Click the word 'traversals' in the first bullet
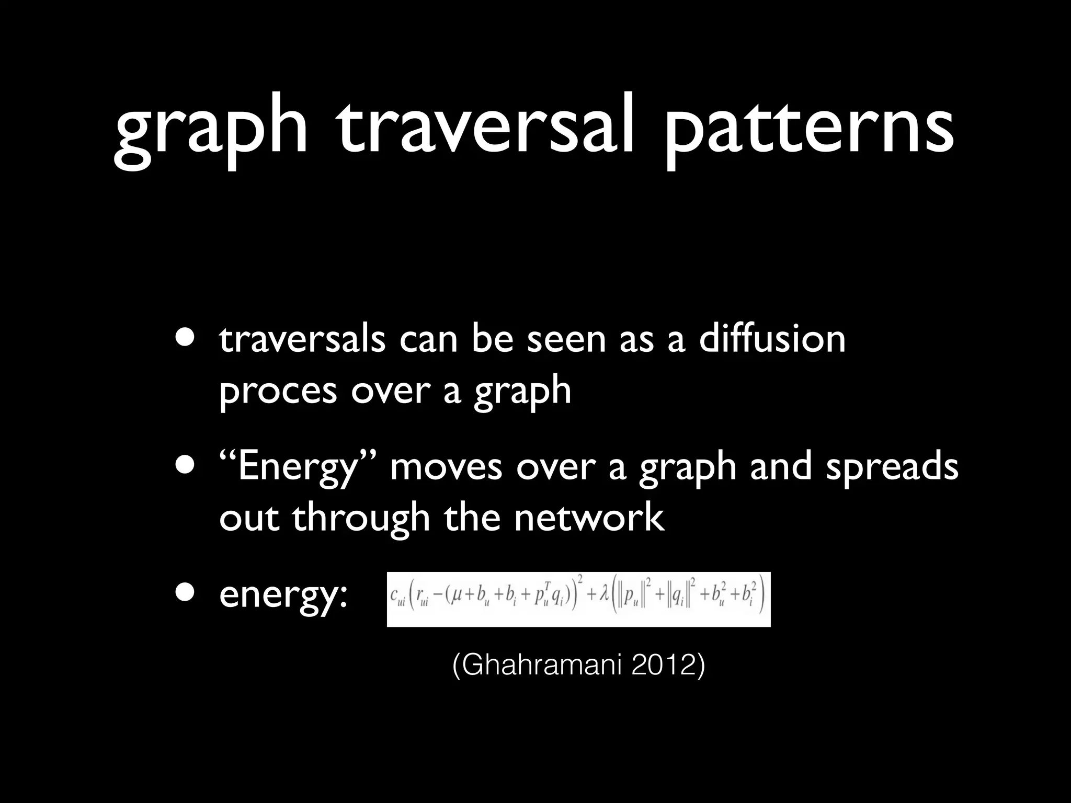[302, 339]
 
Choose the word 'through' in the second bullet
[361, 519]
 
